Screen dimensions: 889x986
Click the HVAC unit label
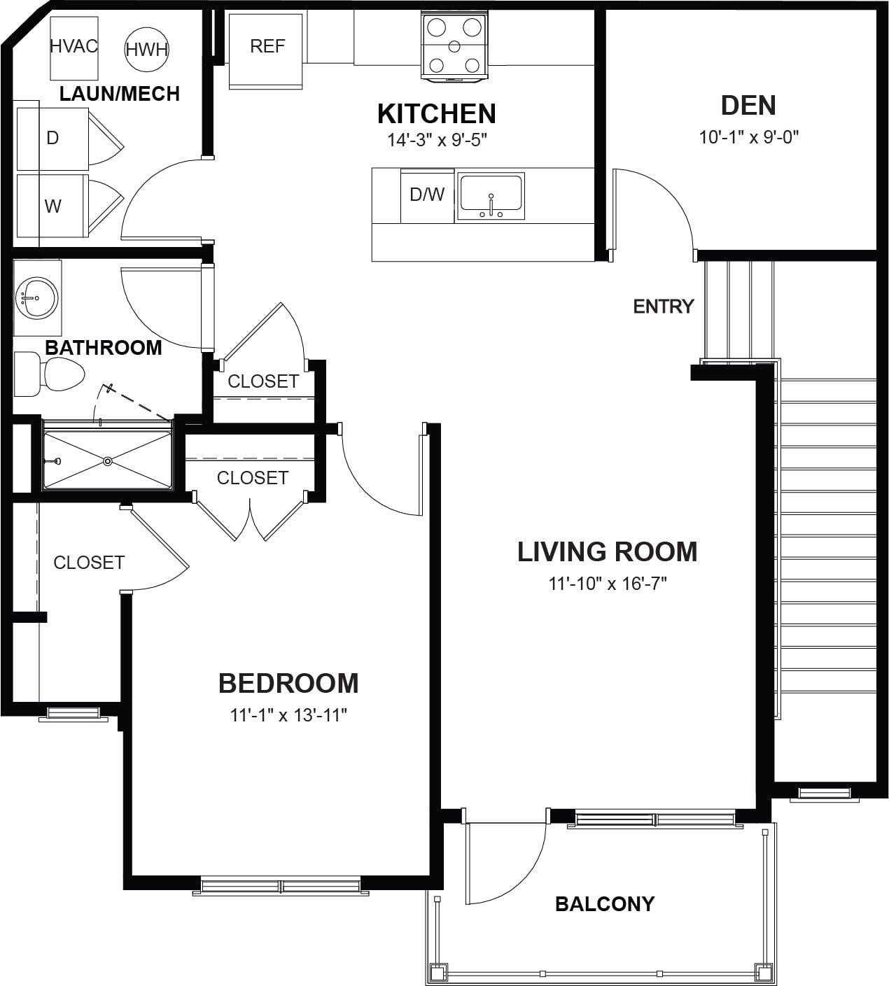point(73,46)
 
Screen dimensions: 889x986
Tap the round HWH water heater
point(146,49)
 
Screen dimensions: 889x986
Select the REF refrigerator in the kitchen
point(265,51)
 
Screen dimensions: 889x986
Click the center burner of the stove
point(454,47)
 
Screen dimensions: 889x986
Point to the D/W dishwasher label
point(427,195)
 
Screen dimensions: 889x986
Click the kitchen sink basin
point(491,192)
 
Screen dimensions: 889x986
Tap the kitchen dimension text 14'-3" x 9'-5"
point(437,140)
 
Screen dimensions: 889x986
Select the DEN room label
point(748,105)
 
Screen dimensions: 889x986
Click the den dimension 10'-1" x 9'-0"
point(749,136)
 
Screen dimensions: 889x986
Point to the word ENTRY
point(664,307)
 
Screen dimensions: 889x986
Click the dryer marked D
point(52,139)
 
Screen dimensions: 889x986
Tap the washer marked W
point(52,206)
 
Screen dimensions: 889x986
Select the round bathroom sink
point(37,298)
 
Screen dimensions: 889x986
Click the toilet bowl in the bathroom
point(64,374)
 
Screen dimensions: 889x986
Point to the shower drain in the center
point(108,461)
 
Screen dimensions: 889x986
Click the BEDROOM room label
point(288,683)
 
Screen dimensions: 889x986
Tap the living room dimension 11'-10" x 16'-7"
point(608,584)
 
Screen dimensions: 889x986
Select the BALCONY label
point(605,904)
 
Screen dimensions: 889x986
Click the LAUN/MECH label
point(120,94)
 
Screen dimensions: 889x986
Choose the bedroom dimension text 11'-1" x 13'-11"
point(288,715)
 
